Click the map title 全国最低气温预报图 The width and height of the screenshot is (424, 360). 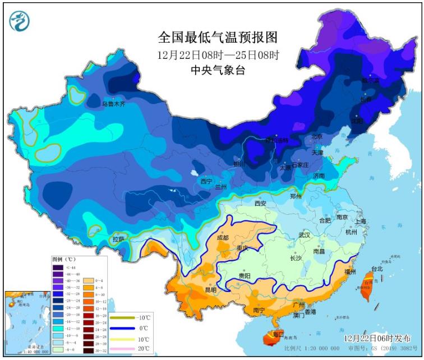click(218, 38)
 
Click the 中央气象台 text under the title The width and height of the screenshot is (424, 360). click(218, 70)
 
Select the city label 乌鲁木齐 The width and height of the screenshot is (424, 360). click(113, 104)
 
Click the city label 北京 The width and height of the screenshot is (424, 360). click(317, 137)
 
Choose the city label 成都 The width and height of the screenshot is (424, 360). click(222, 238)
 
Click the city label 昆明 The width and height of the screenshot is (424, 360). click(210, 290)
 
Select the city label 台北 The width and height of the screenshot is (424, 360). click(376, 269)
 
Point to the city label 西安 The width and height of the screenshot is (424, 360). click(260, 203)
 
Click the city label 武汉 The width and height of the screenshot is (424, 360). click(305, 235)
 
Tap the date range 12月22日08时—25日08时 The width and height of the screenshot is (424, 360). click(218, 55)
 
